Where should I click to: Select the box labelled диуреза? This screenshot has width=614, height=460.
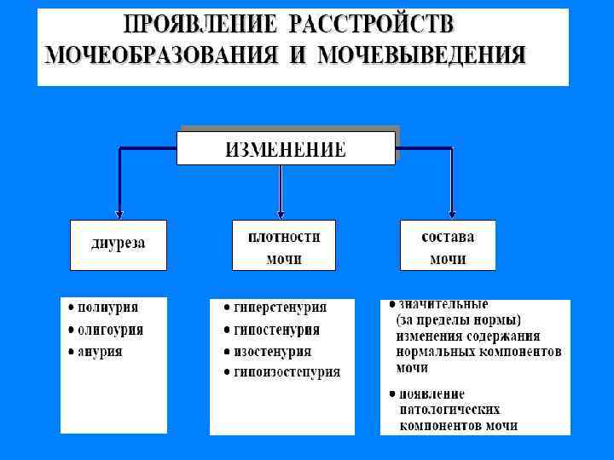[118, 244]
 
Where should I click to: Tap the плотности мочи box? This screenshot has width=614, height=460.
[284, 245]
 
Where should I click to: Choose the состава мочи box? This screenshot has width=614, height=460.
[448, 245]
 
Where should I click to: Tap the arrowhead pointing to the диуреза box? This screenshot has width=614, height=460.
[119, 215]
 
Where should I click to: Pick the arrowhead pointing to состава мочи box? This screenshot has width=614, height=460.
[452, 215]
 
